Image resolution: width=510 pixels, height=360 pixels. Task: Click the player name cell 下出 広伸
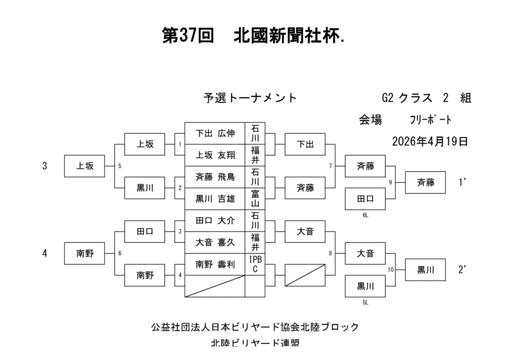point(215,133)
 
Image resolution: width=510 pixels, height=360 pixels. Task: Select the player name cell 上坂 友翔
point(215,155)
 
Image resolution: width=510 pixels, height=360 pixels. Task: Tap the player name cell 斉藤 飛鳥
point(215,177)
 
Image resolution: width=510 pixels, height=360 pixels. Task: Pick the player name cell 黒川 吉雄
point(215,199)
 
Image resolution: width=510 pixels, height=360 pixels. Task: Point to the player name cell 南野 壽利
point(215,264)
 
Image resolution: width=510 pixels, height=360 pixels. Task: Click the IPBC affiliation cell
point(255,264)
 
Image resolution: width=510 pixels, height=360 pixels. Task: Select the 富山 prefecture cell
point(255,199)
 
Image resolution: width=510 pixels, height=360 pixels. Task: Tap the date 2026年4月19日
point(430,141)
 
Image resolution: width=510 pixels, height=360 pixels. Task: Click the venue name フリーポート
point(430,120)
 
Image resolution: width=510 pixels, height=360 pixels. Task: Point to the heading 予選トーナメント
point(250,98)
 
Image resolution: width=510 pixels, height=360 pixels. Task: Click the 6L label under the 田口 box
point(365,215)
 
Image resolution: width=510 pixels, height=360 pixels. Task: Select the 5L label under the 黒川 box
point(365,302)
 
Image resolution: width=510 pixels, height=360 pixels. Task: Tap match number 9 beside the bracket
point(390,183)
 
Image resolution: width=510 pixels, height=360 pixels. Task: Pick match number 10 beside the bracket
point(390,270)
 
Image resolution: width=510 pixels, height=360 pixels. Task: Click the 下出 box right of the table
point(305,144)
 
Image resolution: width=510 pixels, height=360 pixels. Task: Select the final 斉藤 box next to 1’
point(425,183)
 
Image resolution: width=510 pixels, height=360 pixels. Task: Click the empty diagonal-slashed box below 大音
point(305,275)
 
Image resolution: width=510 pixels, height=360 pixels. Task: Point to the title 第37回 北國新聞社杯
point(254,36)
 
